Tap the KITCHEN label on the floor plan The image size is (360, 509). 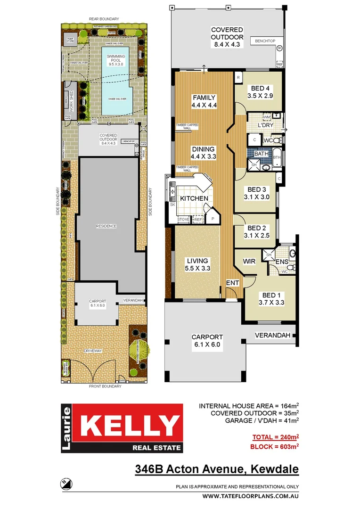(x=194, y=198)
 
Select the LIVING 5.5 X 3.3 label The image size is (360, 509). (x=197, y=264)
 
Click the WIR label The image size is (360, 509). (x=249, y=261)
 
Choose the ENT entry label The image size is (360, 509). (x=233, y=283)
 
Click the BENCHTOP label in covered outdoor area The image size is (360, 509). (x=265, y=41)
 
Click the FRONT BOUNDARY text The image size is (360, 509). (x=105, y=386)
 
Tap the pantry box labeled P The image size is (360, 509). (x=213, y=219)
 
